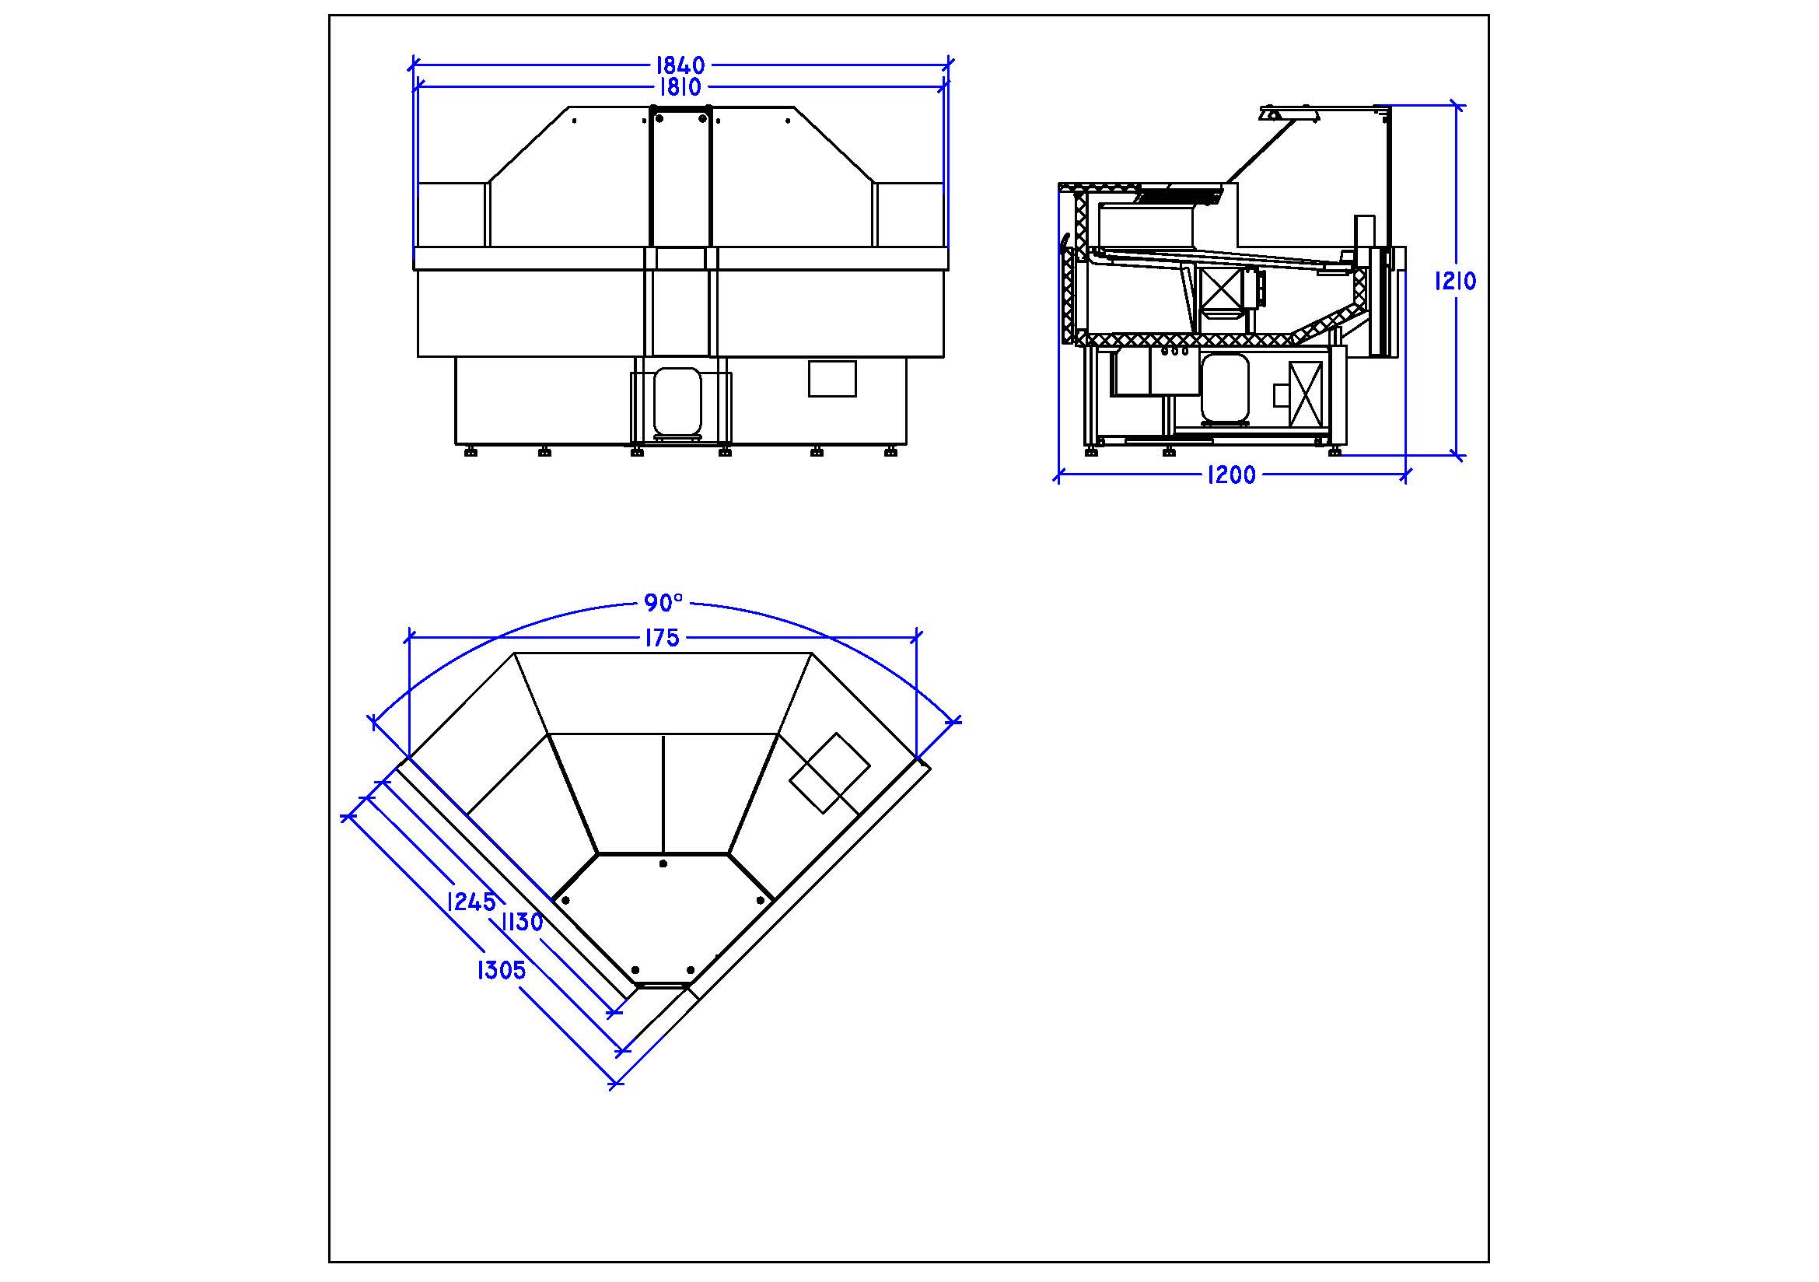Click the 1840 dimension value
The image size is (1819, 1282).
pos(680,65)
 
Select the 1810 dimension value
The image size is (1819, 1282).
pos(680,86)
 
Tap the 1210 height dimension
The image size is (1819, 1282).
pos(1456,282)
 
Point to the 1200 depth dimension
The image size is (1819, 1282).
pos(1231,475)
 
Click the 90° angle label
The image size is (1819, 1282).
pos(663,603)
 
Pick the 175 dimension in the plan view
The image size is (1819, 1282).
pos(663,638)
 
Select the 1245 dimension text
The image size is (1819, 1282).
pos(471,902)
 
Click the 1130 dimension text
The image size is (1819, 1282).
pos(522,923)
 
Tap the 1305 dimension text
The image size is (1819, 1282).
pos(502,971)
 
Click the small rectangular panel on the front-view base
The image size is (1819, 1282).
pos(832,379)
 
